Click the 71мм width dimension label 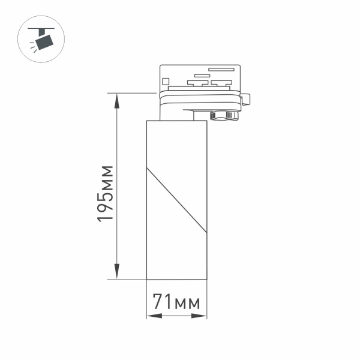click(176, 302)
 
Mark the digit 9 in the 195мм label click(106, 208)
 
